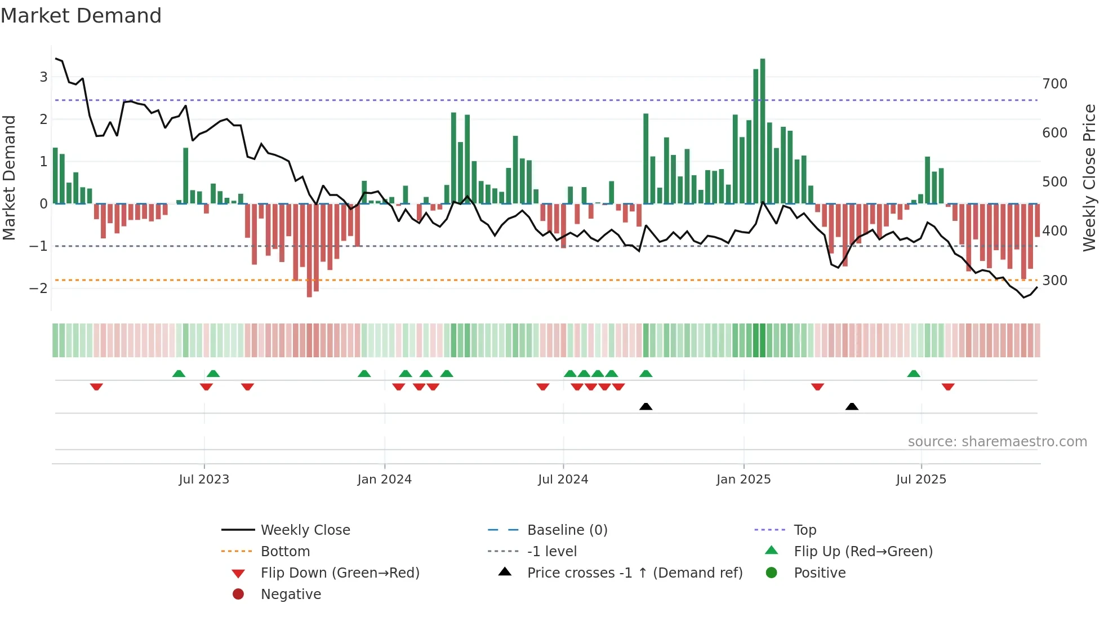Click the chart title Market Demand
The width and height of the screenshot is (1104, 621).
pos(81,16)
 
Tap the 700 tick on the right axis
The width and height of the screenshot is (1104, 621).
pos(1054,84)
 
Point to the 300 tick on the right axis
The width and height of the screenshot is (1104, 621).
pos(1054,281)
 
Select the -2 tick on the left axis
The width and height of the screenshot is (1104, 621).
pos(39,289)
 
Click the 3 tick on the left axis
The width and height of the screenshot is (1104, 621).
pos(43,77)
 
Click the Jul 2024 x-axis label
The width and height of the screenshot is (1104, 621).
pos(563,480)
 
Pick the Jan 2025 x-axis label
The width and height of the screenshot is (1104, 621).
pos(743,480)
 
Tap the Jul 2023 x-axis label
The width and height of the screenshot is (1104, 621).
pos(204,480)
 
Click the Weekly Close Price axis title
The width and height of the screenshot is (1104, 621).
pos(1089,178)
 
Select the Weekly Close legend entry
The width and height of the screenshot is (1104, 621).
pos(305,530)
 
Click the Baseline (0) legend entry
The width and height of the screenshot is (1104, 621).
pos(567,530)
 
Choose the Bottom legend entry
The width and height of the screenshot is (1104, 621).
pos(285,552)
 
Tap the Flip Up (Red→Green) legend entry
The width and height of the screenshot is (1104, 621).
pos(863,552)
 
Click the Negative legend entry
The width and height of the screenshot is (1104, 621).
pos(291,595)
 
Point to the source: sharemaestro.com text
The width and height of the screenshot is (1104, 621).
pos(997,442)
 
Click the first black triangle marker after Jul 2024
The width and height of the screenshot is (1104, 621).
pos(646,407)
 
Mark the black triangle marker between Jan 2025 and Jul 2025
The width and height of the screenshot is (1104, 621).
pos(852,407)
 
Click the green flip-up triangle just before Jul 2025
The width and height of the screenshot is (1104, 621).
pos(914,374)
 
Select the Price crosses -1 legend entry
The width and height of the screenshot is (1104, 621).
pos(634,573)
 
